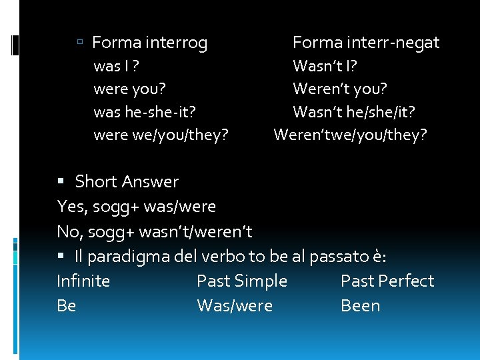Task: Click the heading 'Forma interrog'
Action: click(149, 43)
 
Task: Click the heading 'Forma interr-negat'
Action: click(366, 43)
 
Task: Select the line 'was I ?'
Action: click(117, 66)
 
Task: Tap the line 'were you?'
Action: click(130, 89)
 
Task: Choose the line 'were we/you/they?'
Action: click(161, 135)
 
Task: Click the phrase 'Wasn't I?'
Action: click(325, 66)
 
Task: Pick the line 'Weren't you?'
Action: click(340, 89)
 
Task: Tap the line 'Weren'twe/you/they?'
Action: click(351, 135)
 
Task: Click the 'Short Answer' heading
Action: click(127, 182)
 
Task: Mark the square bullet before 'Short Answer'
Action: click(61, 182)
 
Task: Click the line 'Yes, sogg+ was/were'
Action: click(137, 207)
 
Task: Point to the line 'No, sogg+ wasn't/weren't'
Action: click(155, 231)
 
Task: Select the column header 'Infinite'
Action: click(83, 281)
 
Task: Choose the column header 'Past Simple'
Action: click(242, 281)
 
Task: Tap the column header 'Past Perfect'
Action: click(387, 281)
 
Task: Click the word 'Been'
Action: click(360, 306)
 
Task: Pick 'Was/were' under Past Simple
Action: click(235, 306)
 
